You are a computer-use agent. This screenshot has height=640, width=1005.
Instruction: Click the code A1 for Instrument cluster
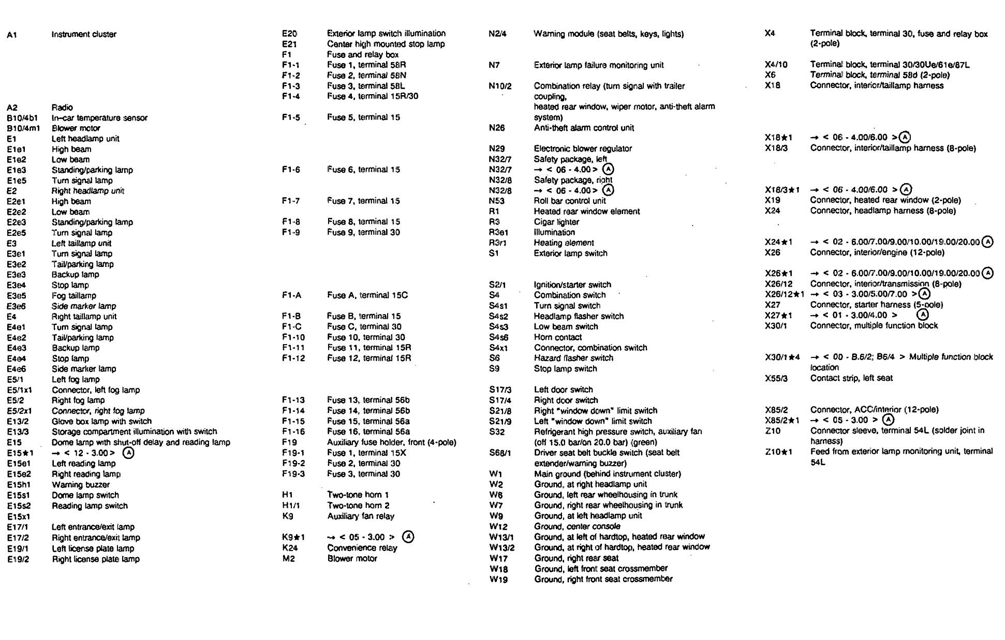(x=12, y=35)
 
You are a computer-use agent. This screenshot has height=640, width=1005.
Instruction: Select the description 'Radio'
(x=62, y=108)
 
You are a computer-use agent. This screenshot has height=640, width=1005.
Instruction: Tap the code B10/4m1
(x=23, y=128)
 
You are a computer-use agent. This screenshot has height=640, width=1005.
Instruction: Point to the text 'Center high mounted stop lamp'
(x=386, y=44)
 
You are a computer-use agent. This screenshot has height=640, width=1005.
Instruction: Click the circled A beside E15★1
(x=128, y=453)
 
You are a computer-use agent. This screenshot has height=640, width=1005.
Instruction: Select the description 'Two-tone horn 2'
(x=358, y=505)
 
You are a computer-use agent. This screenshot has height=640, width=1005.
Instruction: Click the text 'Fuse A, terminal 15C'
(x=367, y=295)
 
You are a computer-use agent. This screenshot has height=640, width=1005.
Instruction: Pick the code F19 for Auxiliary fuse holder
(x=289, y=442)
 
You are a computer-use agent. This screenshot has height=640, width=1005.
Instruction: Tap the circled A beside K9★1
(x=408, y=537)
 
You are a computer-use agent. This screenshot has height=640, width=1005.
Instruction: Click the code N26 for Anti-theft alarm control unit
(x=497, y=128)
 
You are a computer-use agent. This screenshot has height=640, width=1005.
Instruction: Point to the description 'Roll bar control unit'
(x=570, y=201)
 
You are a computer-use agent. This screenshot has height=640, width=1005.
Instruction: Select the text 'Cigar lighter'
(x=556, y=222)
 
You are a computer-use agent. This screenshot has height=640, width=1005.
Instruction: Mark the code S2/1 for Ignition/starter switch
(x=497, y=285)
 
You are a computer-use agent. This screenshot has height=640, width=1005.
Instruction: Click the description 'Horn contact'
(x=558, y=337)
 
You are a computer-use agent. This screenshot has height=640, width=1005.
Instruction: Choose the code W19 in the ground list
(x=499, y=579)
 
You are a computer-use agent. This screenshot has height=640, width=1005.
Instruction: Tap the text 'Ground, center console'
(x=577, y=527)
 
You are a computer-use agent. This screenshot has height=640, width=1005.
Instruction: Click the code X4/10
(x=776, y=65)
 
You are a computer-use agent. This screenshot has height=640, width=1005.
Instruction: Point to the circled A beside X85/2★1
(x=888, y=420)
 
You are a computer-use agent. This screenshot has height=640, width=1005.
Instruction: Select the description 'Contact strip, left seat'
(x=851, y=378)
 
